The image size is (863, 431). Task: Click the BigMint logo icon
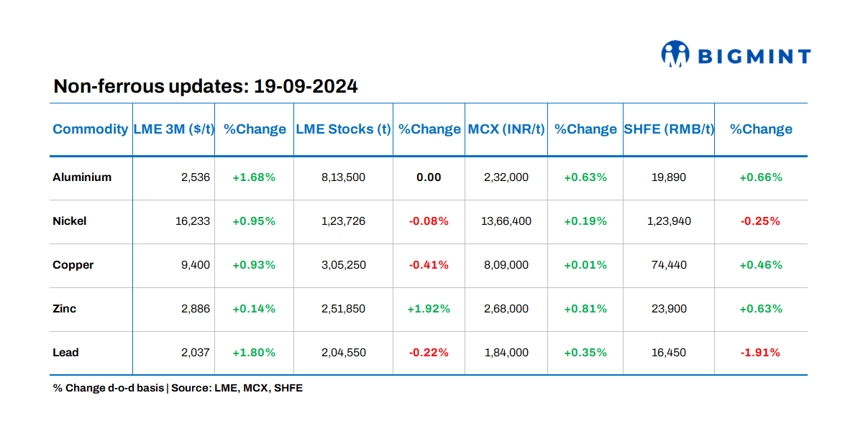pos(675,55)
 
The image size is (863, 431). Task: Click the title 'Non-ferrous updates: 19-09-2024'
pos(206,87)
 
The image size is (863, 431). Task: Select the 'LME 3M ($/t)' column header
pos(173,129)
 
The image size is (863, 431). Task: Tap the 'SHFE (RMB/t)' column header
pos(668,129)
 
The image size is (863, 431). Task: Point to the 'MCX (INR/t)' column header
pos(506,129)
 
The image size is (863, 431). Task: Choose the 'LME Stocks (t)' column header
pos(343,129)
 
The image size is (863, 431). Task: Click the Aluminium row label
pos(82,177)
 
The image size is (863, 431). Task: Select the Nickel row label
pos(70,221)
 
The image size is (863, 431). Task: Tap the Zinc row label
pos(65,309)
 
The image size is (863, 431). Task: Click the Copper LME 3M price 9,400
pos(195,265)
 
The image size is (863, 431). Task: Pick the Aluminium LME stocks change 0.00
pos(429,177)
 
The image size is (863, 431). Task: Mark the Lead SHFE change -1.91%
pos(761,353)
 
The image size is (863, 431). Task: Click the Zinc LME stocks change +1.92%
pos(429,309)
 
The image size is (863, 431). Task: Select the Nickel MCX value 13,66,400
pos(506,221)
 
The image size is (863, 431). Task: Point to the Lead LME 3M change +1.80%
pos(254,353)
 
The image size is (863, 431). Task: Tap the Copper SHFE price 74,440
pos(668,265)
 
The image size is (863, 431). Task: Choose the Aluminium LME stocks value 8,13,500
pos(343,177)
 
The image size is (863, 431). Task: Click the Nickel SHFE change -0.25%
pos(761,221)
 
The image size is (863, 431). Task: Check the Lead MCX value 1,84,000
pos(506,353)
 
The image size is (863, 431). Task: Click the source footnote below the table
pos(178,388)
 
